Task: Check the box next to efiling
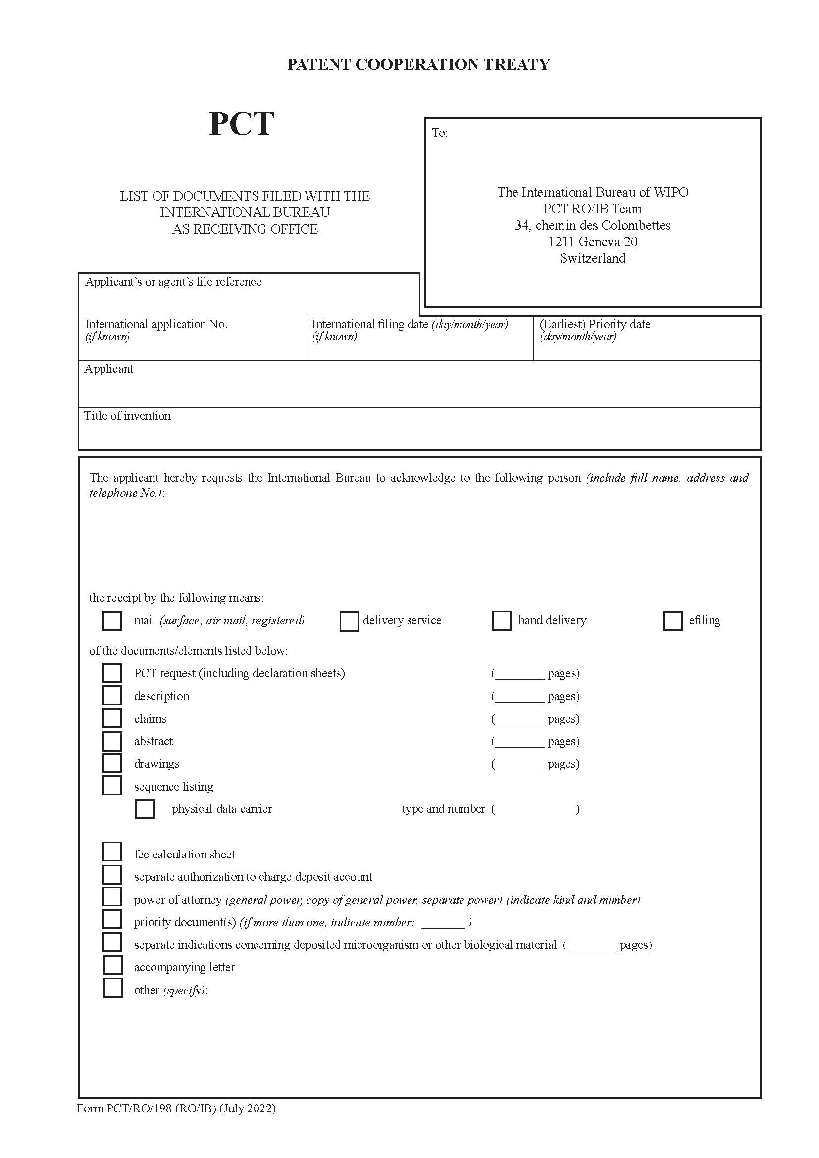[672, 621]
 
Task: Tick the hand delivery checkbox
[501, 621]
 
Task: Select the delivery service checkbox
[349, 621]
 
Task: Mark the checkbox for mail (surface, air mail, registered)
[112, 621]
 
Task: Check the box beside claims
[112, 718]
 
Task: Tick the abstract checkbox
[112, 741]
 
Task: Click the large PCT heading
[241, 124]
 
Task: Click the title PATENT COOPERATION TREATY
[418, 64]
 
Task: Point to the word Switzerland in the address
[593, 258]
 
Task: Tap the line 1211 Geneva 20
[593, 242]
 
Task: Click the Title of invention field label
[127, 415]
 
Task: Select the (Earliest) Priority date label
[595, 324]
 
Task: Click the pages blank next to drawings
[519, 764]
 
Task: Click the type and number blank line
[536, 809]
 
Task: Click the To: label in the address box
[440, 133]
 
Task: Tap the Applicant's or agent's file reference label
[173, 281]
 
